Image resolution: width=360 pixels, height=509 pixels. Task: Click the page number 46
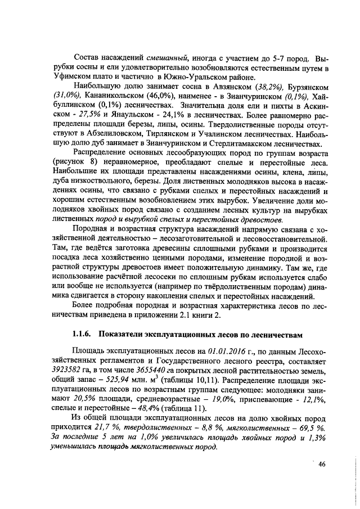pos(322,464)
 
